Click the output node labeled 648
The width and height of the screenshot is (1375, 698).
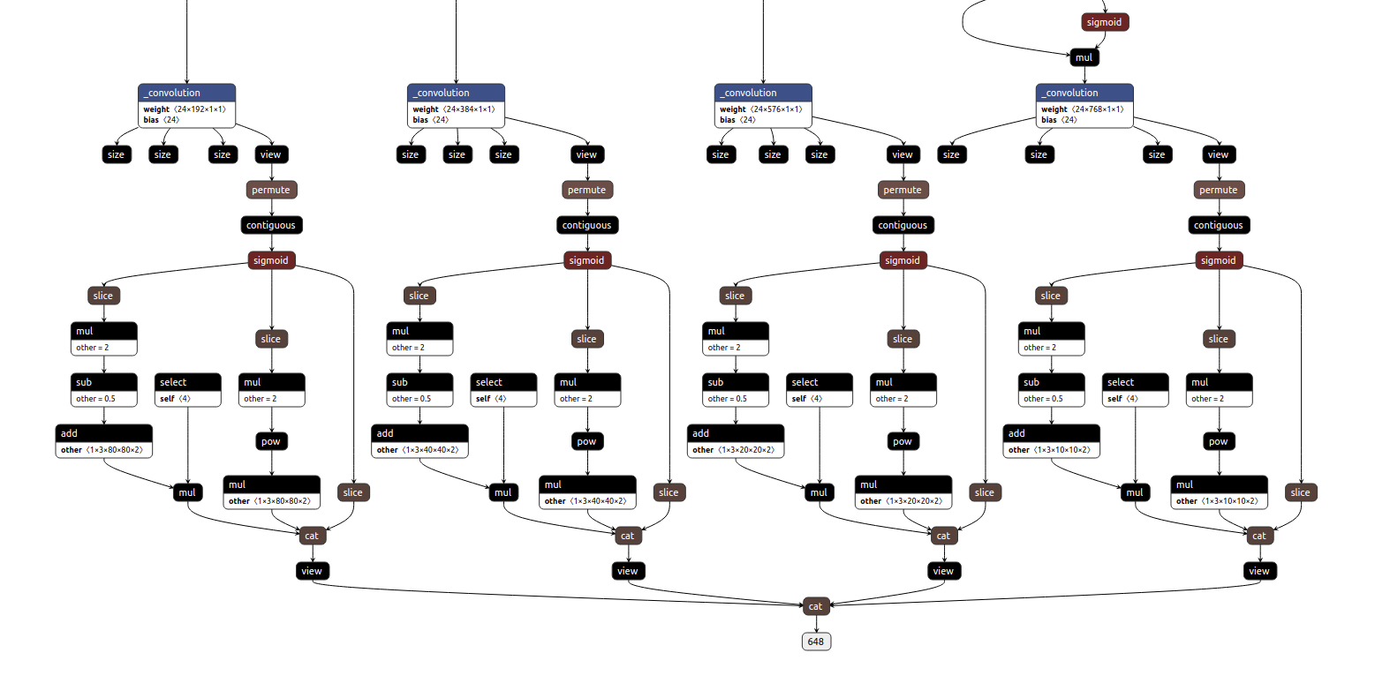816,642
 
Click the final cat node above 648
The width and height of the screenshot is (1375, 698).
815,606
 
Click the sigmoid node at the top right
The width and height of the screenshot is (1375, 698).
1104,22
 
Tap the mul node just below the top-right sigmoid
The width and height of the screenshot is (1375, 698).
1084,57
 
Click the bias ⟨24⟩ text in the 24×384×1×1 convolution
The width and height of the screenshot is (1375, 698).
430,120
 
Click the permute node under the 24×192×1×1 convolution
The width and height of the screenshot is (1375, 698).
270,190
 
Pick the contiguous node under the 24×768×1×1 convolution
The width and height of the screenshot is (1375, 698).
1218,225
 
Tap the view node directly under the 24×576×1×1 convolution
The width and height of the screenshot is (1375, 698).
902,154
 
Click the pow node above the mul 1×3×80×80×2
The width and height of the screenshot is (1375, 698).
270,441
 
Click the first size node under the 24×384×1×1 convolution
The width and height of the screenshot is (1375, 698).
410,154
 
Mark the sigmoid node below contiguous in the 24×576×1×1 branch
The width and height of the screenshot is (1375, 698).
903,260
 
